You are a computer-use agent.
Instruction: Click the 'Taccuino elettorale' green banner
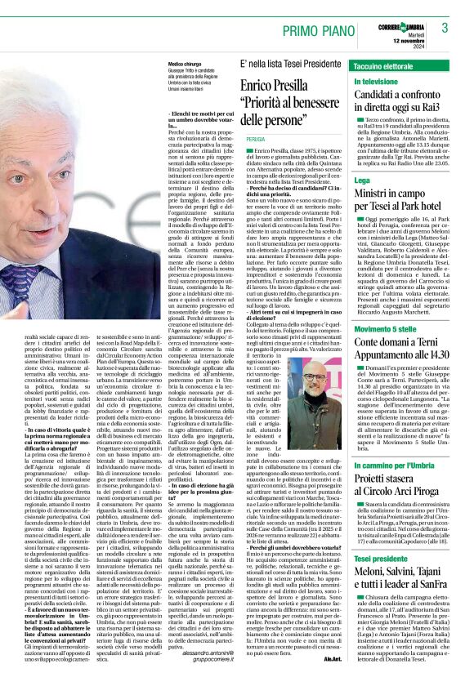[384, 65]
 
